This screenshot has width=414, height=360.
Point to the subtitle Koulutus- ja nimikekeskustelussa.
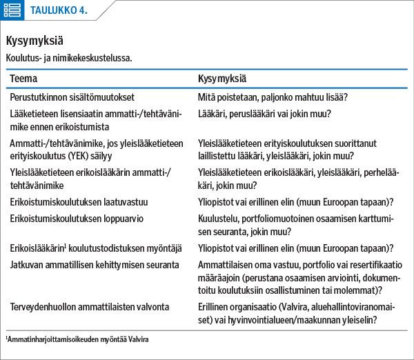tap(68, 58)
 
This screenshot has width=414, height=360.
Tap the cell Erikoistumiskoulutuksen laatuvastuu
tap(79, 202)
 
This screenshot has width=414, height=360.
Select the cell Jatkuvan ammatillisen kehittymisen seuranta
tap(95, 264)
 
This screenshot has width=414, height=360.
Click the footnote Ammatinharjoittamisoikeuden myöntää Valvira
tap(79, 340)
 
